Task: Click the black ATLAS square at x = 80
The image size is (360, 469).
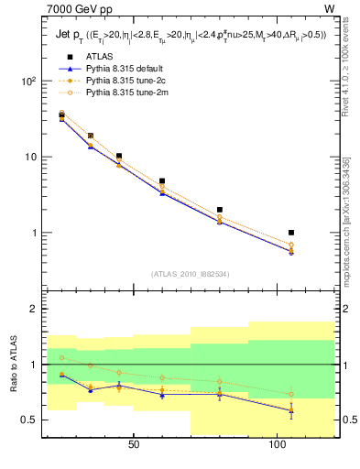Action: tap(220, 210)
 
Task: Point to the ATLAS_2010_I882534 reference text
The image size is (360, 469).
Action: tap(190, 273)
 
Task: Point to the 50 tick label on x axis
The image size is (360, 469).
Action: tap(134, 443)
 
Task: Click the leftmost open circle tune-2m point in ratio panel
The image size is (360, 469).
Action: tap(62, 357)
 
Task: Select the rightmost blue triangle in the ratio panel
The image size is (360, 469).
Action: tap(291, 410)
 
